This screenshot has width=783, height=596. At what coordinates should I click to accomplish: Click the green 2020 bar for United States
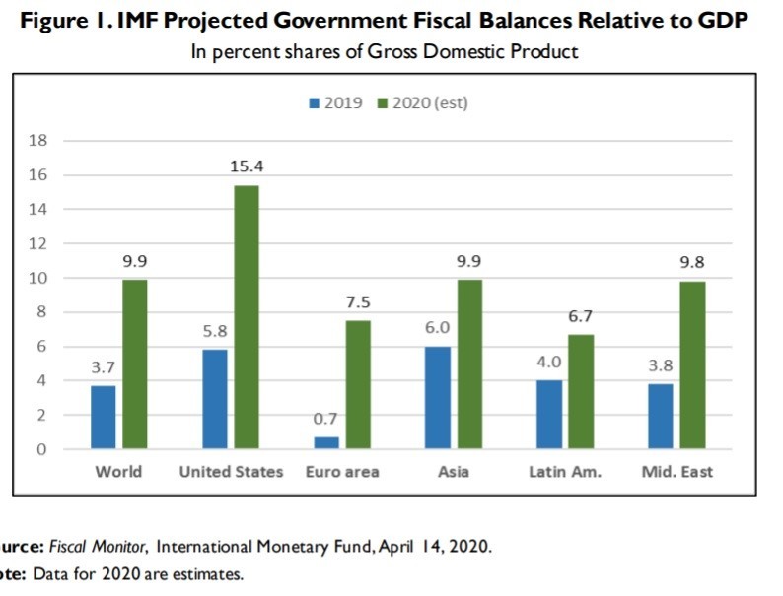[247, 317]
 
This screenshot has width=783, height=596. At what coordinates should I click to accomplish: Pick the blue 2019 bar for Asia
[439, 398]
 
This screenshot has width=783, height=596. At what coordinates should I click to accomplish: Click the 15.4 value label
[247, 167]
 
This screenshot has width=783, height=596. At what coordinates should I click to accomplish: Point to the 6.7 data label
[580, 316]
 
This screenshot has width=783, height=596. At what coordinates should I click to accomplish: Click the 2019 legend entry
[336, 102]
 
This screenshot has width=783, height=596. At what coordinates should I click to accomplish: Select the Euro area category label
[342, 472]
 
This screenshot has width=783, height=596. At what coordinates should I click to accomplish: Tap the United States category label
[231, 472]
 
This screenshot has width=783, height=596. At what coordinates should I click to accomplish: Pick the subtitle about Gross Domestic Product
[385, 52]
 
